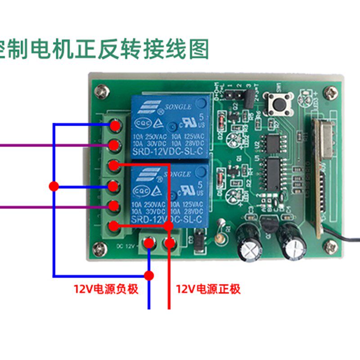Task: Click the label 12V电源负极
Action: pyautogui.click(x=106, y=289)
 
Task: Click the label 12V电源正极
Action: pyautogui.click(x=208, y=289)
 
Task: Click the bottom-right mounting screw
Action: pyautogui.click(x=332, y=246)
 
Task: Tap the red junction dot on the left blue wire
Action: pyautogui.click(x=54, y=186)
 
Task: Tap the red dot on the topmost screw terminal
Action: pyautogui.click(x=115, y=125)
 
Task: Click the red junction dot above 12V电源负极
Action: pyautogui.click(x=149, y=275)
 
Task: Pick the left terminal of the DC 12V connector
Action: pyautogui.click(x=149, y=243)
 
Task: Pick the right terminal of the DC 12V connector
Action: pyautogui.click(x=170, y=243)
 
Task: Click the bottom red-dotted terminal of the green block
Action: pyautogui.click(x=114, y=226)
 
